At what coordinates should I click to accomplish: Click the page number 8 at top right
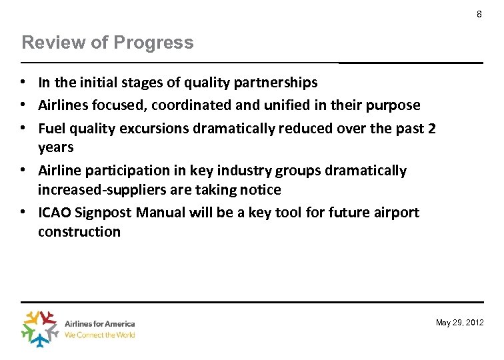coord(479,14)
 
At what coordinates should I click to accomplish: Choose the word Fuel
coord(51,127)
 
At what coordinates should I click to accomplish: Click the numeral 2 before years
coord(431,127)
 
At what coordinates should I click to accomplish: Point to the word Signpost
coord(107,213)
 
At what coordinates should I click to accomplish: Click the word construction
coord(79,232)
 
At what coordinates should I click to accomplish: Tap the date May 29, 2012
coord(459,323)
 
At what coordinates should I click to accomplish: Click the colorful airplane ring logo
coord(41,329)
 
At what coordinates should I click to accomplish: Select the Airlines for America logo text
coord(99,324)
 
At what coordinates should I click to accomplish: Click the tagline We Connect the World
coord(99,335)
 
